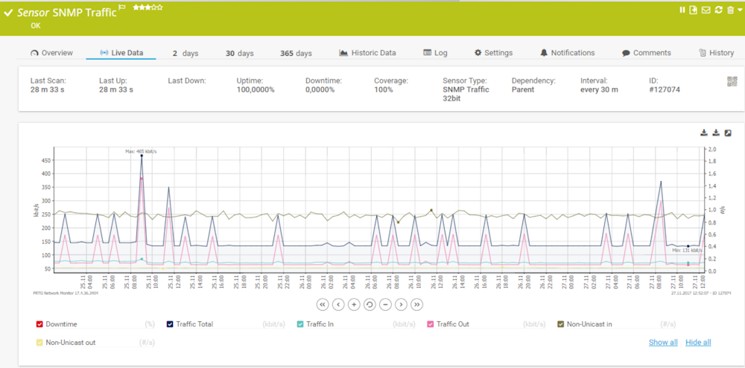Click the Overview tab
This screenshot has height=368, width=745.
[51, 53]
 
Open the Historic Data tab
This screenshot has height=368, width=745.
[367, 53]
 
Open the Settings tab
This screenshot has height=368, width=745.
[493, 53]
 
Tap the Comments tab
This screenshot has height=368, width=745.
[646, 53]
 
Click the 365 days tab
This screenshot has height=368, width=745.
[296, 54]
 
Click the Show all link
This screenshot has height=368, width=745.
[663, 343]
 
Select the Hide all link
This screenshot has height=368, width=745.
[698, 343]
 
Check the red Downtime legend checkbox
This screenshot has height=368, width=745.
[39, 324]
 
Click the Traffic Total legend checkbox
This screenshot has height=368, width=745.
[170, 324]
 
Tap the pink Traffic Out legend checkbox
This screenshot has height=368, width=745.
[431, 324]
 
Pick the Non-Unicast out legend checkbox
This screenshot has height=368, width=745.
[39, 343]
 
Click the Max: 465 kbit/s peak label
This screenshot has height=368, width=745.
[140, 151]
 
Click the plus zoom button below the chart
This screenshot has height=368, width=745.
[354, 304]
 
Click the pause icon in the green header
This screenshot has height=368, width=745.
[682, 10]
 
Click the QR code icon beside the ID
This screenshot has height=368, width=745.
[732, 81]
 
